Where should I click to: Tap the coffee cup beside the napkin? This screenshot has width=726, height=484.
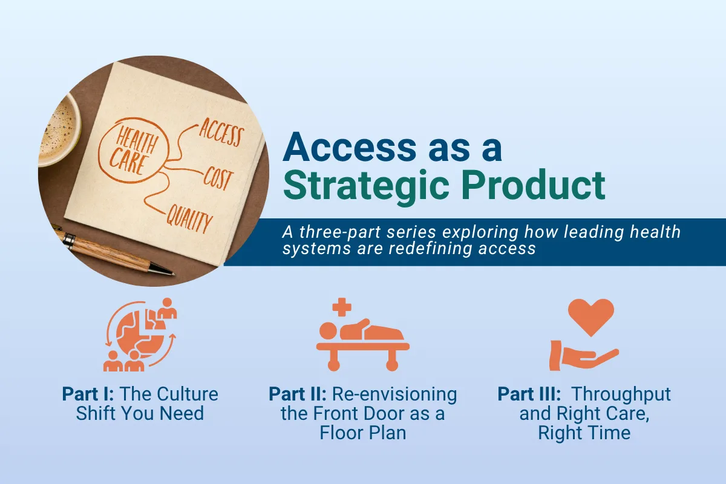click(x=57, y=130)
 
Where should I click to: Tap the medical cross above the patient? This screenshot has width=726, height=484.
click(x=342, y=307)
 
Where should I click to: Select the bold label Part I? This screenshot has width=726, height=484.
click(x=89, y=394)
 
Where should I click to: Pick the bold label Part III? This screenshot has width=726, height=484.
click(x=529, y=394)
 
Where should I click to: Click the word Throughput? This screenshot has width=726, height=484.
click(x=621, y=394)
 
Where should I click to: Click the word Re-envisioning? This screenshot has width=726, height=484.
click(x=394, y=394)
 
